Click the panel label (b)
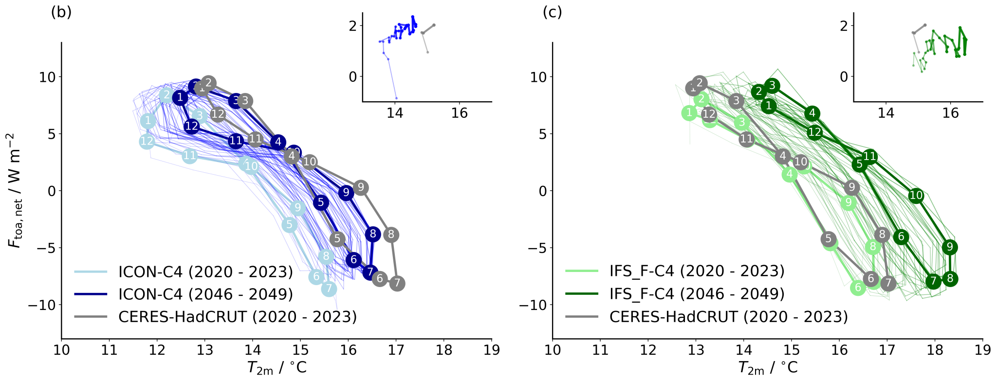click(x=61, y=12)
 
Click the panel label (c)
click(x=553, y=12)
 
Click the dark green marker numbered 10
click(x=916, y=196)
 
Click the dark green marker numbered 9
click(x=950, y=247)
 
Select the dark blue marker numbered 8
click(x=373, y=234)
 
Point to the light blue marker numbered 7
click(x=329, y=289)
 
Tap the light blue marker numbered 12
click(x=147, y=142)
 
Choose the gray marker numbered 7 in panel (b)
click(x=397, y=283)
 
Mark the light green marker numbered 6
click(x=858, y=288)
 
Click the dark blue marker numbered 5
click(x=321, y=202)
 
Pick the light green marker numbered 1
click(x=689, y=113)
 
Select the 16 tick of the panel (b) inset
click(x=459, y=113)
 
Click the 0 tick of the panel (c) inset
click(x=844, y=76)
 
